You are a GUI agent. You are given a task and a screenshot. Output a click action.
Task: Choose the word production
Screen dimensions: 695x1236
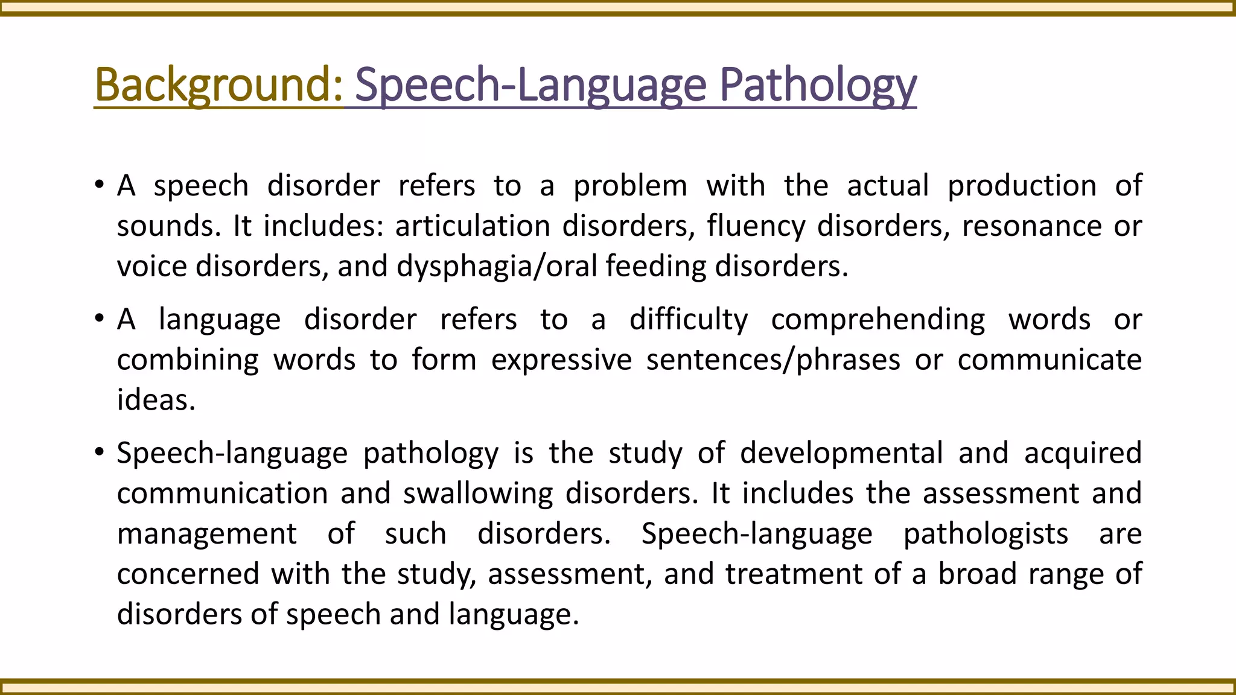1022,186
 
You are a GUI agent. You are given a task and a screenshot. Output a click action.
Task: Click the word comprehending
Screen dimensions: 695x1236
878,320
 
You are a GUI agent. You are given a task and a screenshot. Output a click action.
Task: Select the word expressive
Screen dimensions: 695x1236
561,360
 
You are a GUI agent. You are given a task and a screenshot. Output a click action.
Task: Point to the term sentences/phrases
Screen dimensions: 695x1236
773,360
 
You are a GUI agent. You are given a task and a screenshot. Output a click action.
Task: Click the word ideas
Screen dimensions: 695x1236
156,401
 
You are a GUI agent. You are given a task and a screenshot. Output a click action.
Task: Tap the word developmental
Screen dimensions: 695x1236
841,453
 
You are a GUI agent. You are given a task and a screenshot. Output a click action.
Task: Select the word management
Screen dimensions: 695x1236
207,534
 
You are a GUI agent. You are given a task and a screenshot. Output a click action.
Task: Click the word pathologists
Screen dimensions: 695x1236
986,534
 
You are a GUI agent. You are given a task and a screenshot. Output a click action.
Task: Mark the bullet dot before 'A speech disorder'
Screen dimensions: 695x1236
100,185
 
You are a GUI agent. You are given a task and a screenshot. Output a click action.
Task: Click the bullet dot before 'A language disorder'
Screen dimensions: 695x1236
100,319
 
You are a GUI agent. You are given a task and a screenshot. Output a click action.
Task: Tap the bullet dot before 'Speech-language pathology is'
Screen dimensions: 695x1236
100,452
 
